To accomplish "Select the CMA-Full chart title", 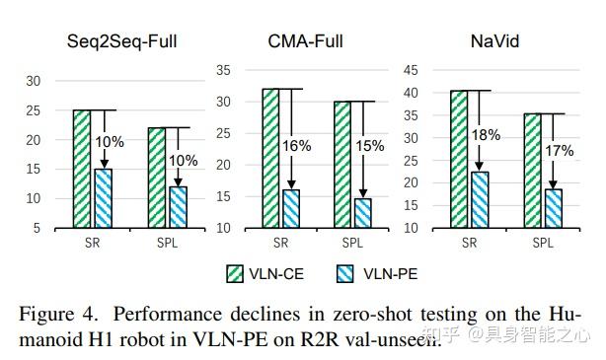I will tap(306, 42).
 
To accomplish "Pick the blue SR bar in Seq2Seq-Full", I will tap(103, 197).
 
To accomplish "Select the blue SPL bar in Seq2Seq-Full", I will tap(178, 206).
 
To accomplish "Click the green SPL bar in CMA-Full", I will tap(341, 164).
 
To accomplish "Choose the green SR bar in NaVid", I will tap(459, 159).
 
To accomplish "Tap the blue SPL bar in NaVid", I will tap(553, 208).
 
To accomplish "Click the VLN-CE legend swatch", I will tap(236, 272).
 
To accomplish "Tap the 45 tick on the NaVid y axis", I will tap(413, 70).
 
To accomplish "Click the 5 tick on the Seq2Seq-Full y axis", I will tap(37, 228).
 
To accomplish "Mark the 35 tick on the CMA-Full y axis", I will tap(223, 70).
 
